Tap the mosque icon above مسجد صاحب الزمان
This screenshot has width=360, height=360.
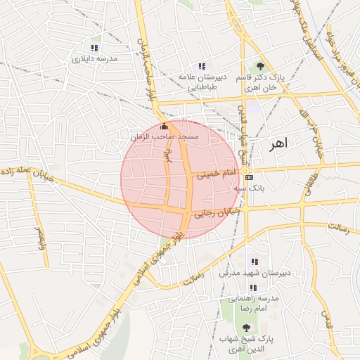(165, 127)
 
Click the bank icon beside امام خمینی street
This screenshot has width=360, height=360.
(250, 177)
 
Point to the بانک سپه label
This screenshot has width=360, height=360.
(250, 188)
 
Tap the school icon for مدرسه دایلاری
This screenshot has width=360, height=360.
(95, 48)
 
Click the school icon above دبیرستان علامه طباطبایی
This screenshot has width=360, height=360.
(202, 66)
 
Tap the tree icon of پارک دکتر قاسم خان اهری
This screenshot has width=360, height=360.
(261, 65)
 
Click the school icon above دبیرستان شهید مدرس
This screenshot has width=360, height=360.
(254, 262)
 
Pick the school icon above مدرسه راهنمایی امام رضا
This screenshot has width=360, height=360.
(252, 288)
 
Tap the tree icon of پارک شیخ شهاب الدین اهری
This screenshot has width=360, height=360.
(246, 328)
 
